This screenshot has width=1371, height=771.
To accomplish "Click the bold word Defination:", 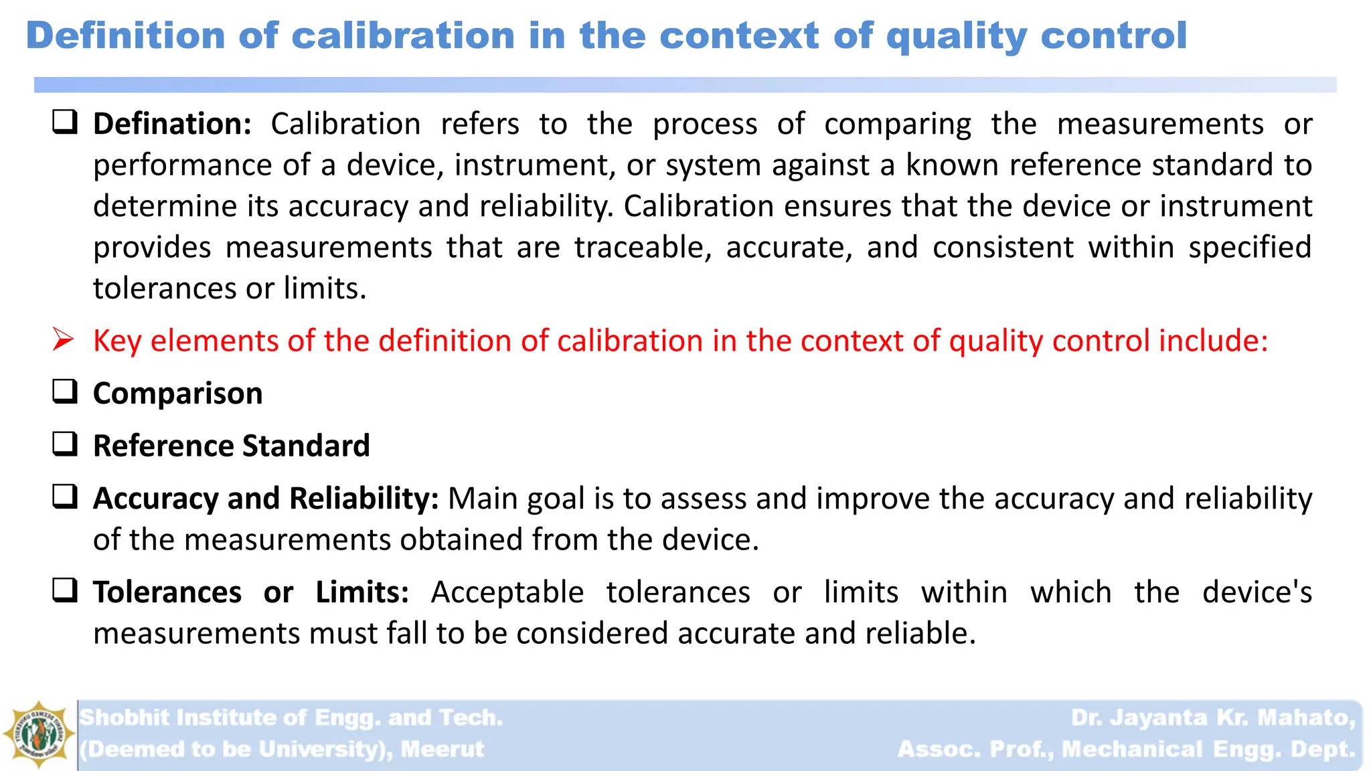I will tap(172, 124).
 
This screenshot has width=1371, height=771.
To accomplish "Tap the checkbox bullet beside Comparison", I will tap(65, 392).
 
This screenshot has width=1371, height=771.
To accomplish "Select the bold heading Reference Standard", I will tap(231, 446).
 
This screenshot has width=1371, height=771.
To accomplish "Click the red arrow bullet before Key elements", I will tap(63, 340).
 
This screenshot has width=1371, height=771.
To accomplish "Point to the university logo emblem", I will tap(38, 735).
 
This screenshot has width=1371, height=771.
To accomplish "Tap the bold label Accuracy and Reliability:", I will tap(266, 499).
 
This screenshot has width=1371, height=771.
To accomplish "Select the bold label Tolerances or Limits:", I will tap(251, 592).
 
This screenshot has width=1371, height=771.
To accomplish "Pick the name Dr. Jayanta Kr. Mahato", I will tap(1212, 717).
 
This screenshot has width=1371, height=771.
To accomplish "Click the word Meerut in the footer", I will tap(442, 749).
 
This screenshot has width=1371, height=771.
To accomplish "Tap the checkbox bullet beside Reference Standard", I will tap(65, 444).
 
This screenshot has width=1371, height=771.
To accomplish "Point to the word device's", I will tap(1257, 592).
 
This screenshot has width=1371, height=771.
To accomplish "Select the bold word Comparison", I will tap(177, 394).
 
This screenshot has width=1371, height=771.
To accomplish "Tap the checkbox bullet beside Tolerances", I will tap(65, 591).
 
